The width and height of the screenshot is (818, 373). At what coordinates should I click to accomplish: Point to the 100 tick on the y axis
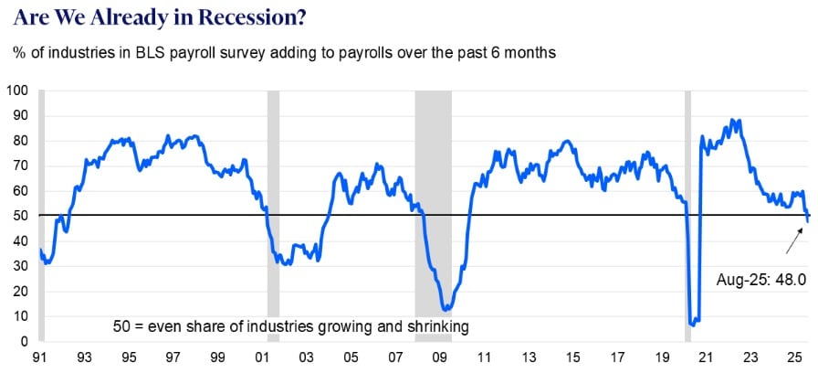point(17,91)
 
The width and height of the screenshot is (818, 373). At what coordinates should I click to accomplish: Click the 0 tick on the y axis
point(25,341)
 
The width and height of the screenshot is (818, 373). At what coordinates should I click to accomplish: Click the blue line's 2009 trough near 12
point(445,310)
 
